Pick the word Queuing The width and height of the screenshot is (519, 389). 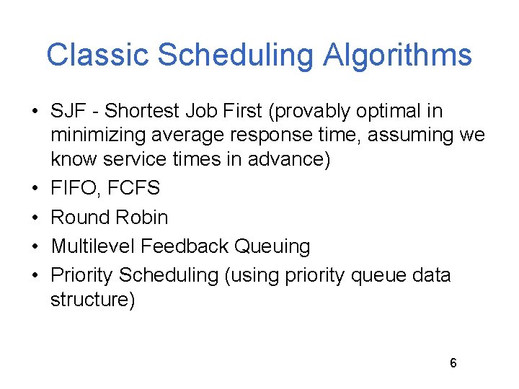tap(273, 246)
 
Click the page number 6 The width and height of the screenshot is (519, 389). tap(453, 363)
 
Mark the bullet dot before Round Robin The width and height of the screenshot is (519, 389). tap(35, 218)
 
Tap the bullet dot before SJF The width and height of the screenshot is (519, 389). tap(35, 112)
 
